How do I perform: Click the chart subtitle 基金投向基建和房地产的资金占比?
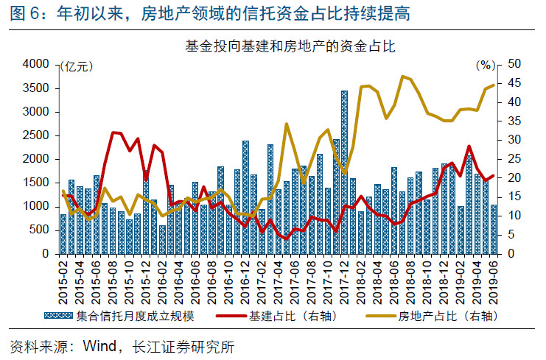[x=290, y=46]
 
